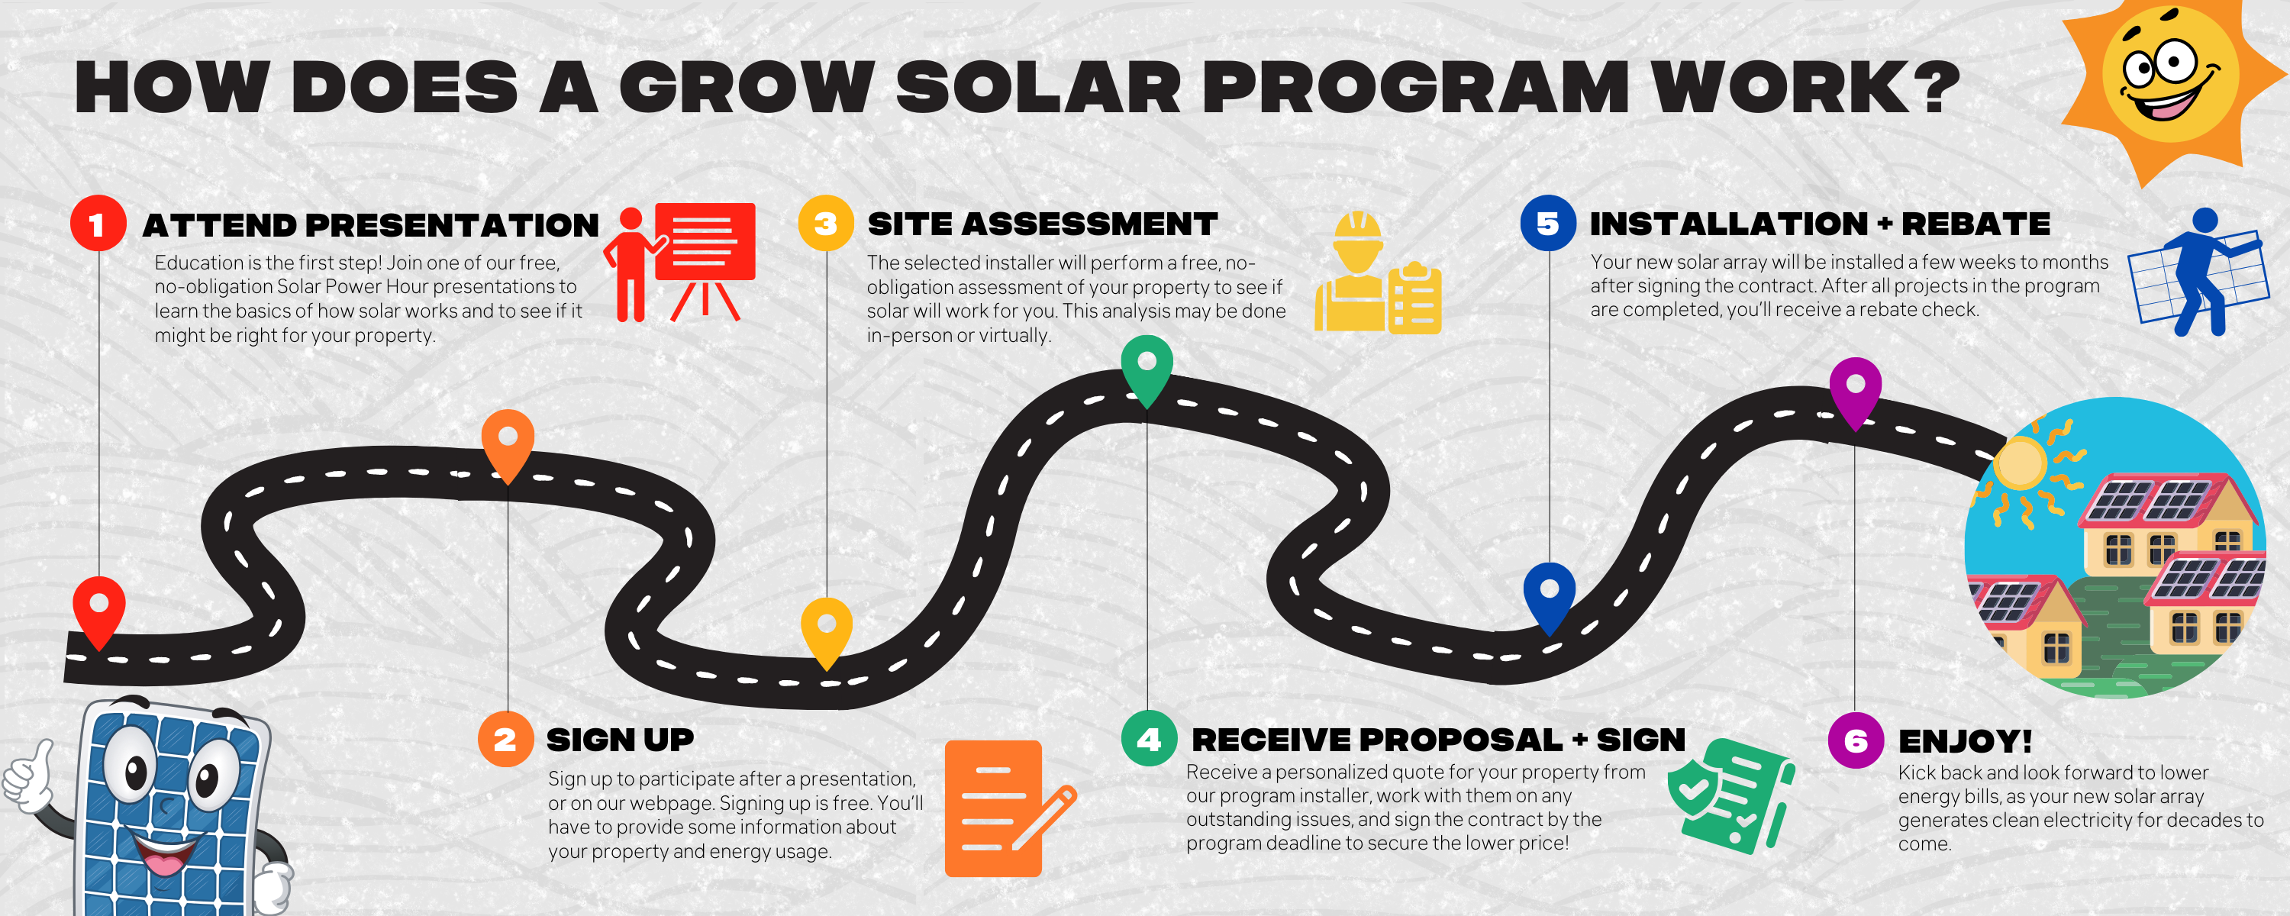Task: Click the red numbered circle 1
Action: point(98,223)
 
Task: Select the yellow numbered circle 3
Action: point(826,223)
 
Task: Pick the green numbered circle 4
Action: point(1150,739)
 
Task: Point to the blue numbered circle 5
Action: point(1548,223)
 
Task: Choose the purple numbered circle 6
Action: point(1856,740)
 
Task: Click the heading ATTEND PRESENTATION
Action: point(371,225)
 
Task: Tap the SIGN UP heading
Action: point(620,740)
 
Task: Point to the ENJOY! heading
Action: point(1965,740)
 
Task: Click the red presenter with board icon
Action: point(679,263)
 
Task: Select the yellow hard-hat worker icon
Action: point(1378,273)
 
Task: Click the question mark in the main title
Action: point(1935,87)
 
